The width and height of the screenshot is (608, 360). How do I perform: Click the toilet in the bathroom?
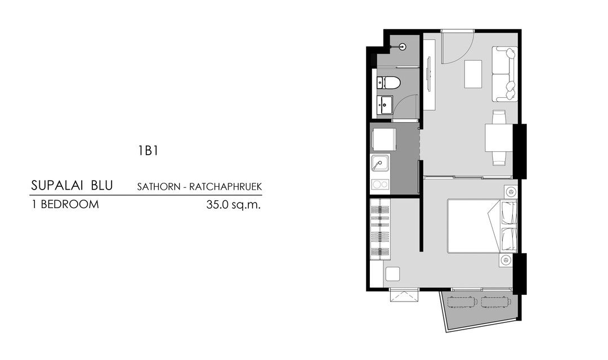389,83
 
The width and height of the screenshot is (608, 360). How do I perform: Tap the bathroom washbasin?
385,103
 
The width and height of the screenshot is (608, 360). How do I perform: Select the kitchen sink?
380,164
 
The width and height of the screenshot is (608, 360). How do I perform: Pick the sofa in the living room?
504,74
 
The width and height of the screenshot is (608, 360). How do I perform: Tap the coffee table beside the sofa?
473,74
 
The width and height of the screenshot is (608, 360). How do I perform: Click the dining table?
499,138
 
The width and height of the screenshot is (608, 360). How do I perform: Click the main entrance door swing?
456,48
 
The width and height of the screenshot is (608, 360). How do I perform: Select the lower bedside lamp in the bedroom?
506,260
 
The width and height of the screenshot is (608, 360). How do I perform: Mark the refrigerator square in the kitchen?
383,139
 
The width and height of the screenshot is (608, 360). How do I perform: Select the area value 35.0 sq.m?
234,205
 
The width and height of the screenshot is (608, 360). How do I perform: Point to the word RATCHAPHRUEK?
231,186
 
